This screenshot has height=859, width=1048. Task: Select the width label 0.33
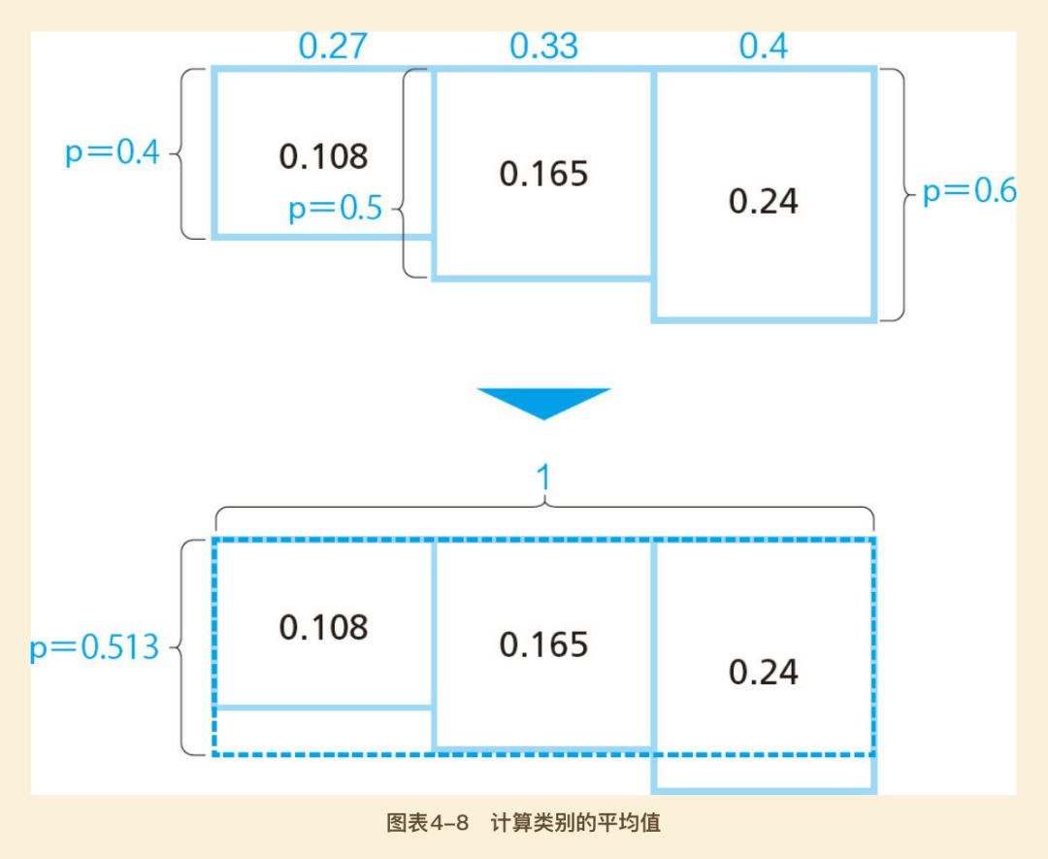[544, 47]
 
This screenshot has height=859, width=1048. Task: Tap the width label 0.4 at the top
[764, 47]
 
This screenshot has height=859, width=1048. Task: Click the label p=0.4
[112, 154]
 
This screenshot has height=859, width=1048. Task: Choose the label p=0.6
[968, 191]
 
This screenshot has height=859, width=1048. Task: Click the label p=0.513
[93, 647]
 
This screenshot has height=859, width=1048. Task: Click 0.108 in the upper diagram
[323, 155]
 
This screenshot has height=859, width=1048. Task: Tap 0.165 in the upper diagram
[543, 175]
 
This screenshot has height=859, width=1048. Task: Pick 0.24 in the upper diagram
[763, 202]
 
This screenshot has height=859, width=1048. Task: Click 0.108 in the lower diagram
[323, 627]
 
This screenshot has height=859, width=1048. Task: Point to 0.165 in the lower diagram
[543, 644]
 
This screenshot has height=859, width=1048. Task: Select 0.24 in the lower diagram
[763, 672]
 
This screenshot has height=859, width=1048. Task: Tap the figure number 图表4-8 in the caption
[427, 825]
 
